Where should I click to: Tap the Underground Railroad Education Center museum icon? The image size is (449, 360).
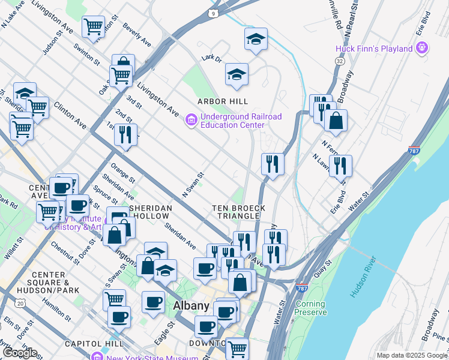(191, 121)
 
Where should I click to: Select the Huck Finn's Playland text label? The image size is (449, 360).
(374, 49)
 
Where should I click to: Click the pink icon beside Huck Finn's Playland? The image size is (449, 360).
(422, 47)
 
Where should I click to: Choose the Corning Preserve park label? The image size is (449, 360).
(311, 308)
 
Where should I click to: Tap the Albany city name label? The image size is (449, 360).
(191, 305)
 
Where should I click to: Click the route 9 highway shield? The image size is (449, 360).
(214, 12)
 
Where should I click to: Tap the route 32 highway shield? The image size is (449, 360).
(340, 61)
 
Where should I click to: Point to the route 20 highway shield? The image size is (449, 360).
(21, 304)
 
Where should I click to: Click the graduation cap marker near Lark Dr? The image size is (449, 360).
(237, 74)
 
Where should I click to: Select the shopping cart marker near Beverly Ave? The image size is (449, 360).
(93, 26)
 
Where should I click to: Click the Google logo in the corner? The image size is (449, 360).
(20, 352)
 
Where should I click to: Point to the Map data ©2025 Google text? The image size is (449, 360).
(411, 355)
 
